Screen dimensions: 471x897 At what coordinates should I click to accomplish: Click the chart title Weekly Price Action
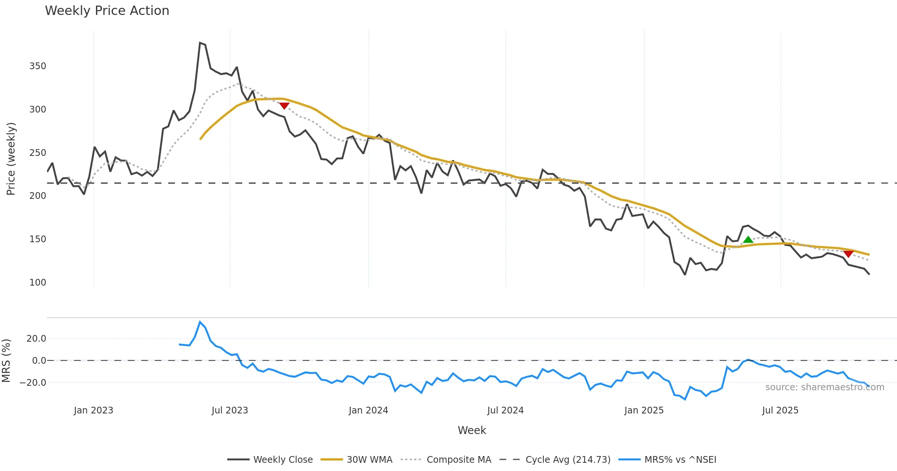[107, 11]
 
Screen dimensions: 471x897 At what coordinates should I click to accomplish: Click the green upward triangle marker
[748, 240]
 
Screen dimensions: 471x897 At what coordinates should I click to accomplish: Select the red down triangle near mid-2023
[284, 106]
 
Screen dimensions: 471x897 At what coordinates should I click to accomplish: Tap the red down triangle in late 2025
[848, 254]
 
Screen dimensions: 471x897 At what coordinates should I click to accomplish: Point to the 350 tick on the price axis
[38, 66]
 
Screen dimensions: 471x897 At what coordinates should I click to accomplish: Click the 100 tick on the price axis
[38, 283]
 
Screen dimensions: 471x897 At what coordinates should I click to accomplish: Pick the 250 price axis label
[38, 153]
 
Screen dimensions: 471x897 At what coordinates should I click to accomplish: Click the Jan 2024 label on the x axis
[368, 410]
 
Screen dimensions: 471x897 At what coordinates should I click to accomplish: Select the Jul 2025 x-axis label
[780, 410]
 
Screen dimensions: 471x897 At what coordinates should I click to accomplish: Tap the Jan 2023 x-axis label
[93, 410]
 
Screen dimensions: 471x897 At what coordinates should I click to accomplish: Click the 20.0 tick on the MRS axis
[36, 339]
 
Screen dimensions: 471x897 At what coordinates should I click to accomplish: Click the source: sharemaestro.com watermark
[824, 387]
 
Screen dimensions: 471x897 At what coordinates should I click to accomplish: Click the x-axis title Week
[472, 431]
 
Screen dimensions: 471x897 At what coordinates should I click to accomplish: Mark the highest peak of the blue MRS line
[200, 322]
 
